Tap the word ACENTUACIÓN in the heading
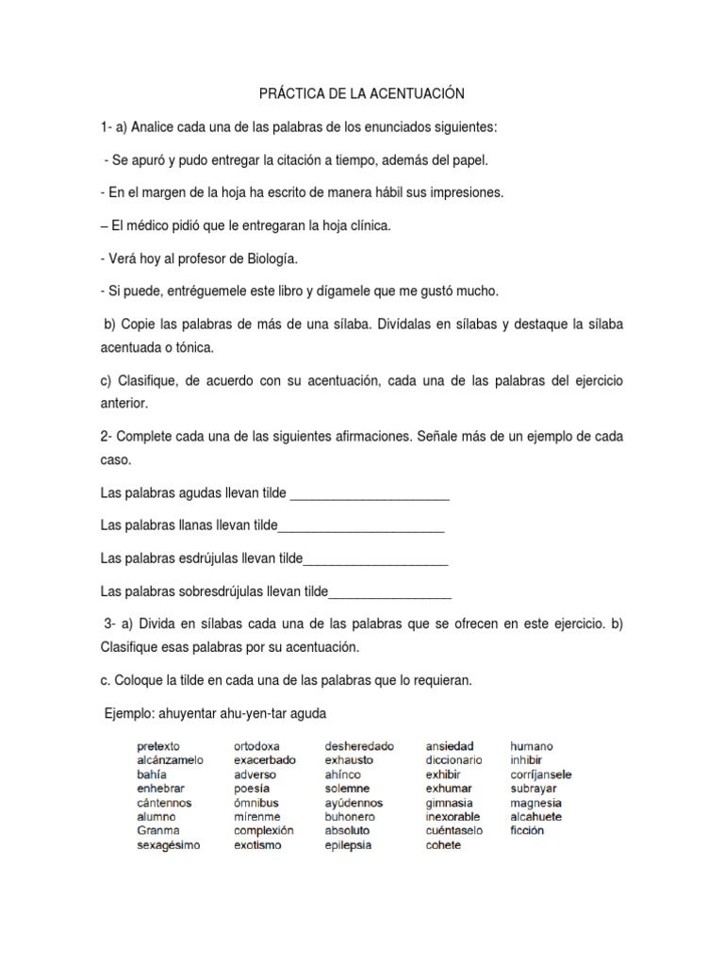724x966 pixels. pos(421,94)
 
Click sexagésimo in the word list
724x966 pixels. pos(168,845)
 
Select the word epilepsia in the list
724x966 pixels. pos(348,845)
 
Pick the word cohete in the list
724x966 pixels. pos(443,845)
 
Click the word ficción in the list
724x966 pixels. pos(527,831)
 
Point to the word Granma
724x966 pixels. pos(157,831)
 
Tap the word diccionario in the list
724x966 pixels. pos(453,760)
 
